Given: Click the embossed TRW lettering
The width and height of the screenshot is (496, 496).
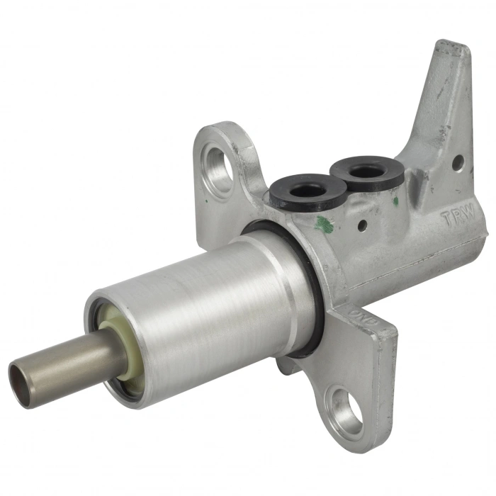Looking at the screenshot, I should (x=456, y=218).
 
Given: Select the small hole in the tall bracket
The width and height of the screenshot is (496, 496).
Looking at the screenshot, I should (x=457, y=163).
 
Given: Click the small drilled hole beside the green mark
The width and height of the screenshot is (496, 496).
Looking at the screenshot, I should (x=362, y=228).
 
